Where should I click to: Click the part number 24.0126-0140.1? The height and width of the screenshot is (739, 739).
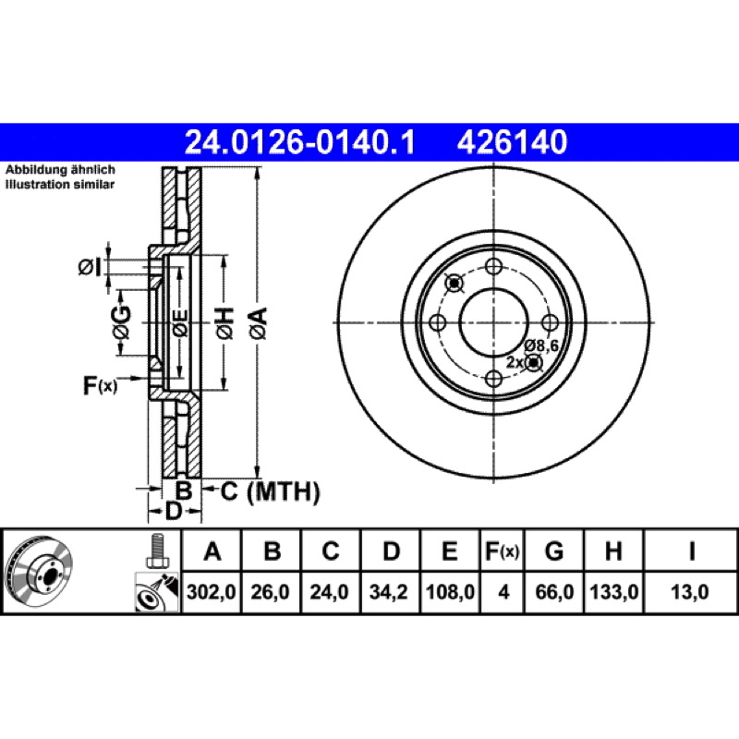coord(299,142)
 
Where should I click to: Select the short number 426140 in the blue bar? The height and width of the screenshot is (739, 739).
coord(512,142)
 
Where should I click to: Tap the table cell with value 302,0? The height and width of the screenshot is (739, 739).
coord(212,592)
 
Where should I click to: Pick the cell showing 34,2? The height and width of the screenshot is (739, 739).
coord(388,592)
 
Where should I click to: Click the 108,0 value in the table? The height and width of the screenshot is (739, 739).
coord(450,592)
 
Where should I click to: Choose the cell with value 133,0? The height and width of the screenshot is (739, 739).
coord(613,592)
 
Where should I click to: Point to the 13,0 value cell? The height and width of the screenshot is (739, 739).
coord(690,592)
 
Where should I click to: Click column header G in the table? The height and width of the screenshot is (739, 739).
coord(554,551)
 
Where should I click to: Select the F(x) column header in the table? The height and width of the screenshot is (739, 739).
coord(503,551)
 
